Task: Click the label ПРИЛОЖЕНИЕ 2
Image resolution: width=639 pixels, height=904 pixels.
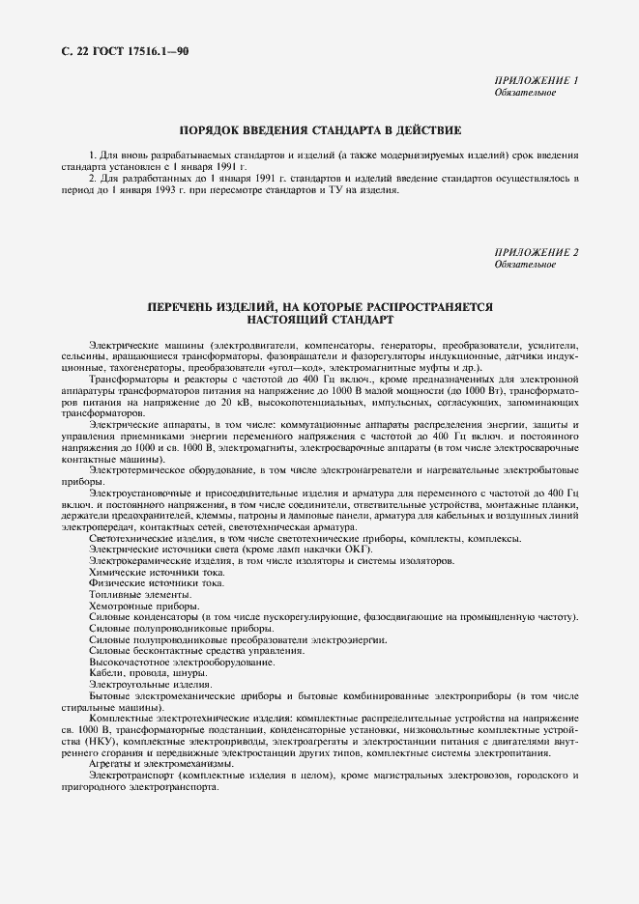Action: coord(536,253)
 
